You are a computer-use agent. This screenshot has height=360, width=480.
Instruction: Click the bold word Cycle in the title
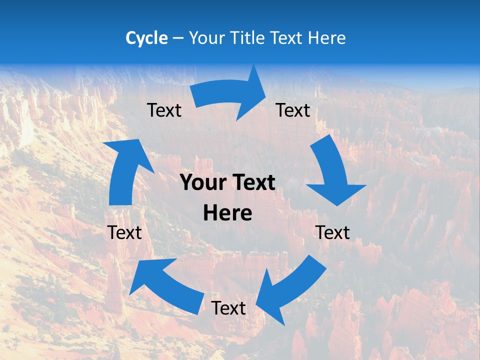click(146, 38)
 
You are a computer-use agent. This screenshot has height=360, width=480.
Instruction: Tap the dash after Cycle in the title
click(178, 38)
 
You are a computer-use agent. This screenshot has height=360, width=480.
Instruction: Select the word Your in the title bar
click(205, 38)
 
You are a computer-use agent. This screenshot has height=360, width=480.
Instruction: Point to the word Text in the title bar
click(288, 38)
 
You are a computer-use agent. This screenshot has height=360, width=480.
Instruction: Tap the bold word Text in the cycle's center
click(252, 182)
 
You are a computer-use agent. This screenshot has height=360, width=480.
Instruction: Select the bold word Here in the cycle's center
click(227, 213)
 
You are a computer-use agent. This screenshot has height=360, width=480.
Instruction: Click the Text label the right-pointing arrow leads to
click(293, 110)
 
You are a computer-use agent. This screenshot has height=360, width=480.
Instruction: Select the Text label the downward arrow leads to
click(332, 232)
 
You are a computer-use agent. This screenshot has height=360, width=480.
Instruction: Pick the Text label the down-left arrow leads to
click(228, 308)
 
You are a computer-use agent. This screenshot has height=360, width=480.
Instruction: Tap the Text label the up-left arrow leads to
click(124, 232)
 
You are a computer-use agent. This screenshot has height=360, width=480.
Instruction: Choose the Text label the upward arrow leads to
click(164, 110)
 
